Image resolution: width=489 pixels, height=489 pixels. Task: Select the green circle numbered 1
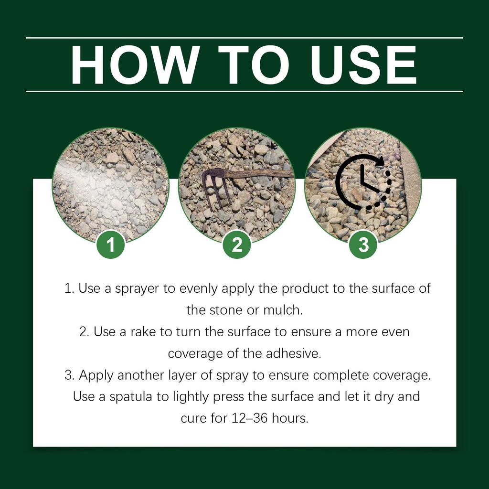coord(111,245)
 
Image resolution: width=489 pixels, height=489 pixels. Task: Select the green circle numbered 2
coord(237,245)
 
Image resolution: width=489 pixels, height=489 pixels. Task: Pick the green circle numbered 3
coord(363,245)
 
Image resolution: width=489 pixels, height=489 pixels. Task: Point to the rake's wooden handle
coord(258,173)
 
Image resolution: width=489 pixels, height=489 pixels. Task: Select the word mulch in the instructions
coord(283,310)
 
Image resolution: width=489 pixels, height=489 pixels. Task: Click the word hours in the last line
coord(290,418)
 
